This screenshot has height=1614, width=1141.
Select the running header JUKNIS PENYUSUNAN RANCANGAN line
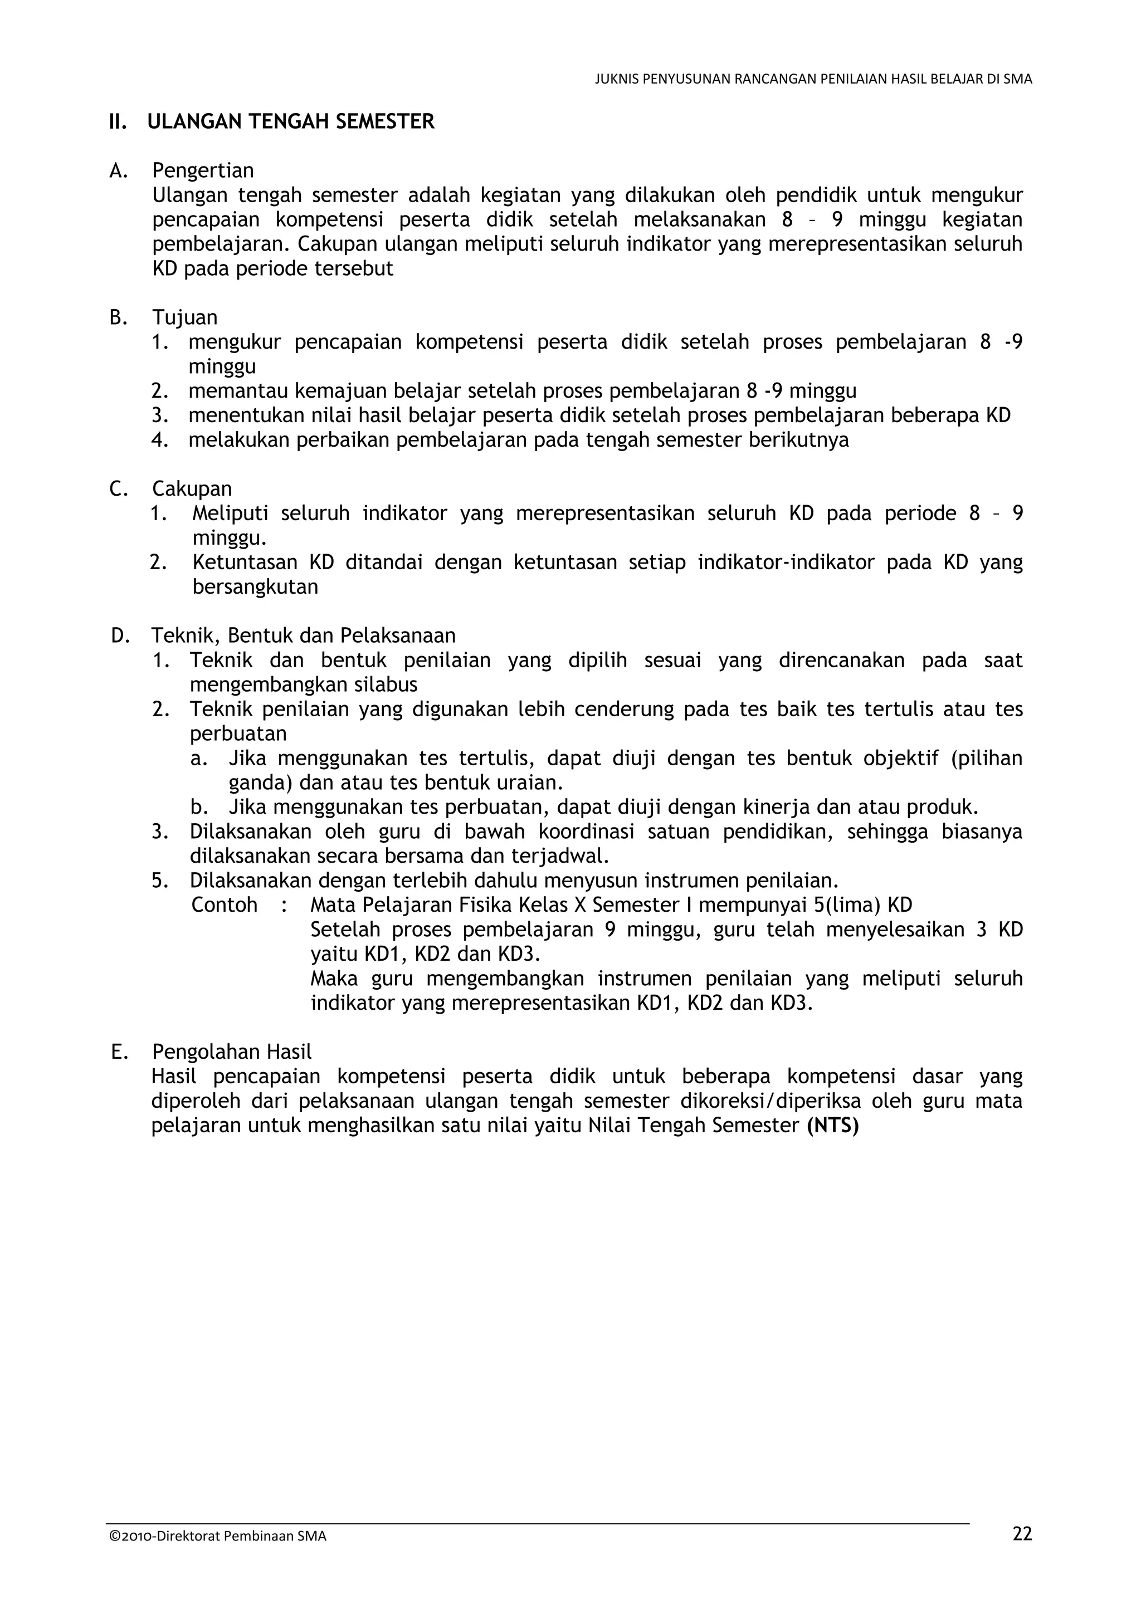click(813, 80)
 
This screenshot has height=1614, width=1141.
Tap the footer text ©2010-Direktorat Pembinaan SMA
click(218, 1536)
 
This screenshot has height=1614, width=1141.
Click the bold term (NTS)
click(833, 1126)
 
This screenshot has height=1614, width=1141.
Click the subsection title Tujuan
click(185, 318)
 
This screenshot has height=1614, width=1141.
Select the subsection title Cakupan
click(192, 488)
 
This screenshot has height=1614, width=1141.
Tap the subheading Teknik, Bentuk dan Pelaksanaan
click(303, 635)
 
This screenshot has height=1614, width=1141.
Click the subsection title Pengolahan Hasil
click(231, 1053)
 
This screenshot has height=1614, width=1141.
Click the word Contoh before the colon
click(225, 906)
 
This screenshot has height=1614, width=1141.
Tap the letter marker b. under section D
click(199, 807)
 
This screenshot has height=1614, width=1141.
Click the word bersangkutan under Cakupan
click(255, 587)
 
